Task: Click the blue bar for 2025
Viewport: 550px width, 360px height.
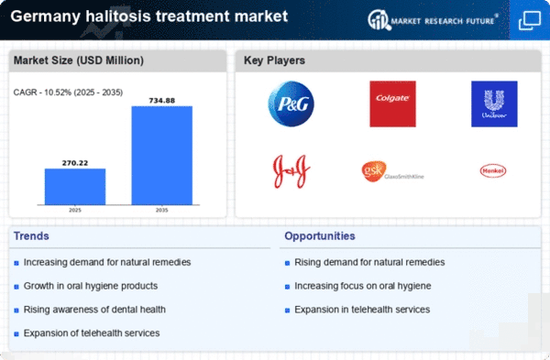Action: coord(75,187)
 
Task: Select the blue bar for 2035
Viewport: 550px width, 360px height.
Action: coord(162,156)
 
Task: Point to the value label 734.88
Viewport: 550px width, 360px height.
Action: coord(162,101)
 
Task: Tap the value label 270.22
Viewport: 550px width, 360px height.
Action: coord(75,163)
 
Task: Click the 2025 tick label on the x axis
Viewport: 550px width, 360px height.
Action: coord(75,210)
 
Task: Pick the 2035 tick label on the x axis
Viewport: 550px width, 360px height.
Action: coord(162,210)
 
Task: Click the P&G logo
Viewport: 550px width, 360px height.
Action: coord(291,104)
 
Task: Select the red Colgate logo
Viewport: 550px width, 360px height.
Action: coord(393,104)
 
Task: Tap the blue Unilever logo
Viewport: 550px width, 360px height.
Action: coord(494,104)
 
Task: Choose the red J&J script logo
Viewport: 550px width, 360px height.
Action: coord(291,171)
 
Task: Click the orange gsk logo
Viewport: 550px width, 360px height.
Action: coord(374,171)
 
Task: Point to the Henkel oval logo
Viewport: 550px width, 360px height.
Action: coord(493,170)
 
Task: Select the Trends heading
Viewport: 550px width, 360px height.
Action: coord(31,236)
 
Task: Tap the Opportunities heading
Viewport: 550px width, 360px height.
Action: coord(320,236)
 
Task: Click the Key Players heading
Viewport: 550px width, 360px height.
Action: coord(274,60)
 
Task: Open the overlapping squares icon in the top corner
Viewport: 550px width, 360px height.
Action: coord(530,21)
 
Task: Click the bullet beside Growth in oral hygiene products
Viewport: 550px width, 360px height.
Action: coord(16,287)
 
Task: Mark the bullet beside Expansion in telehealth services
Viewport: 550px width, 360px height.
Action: coord(287,311)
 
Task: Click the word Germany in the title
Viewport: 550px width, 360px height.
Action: coord(45,16)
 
